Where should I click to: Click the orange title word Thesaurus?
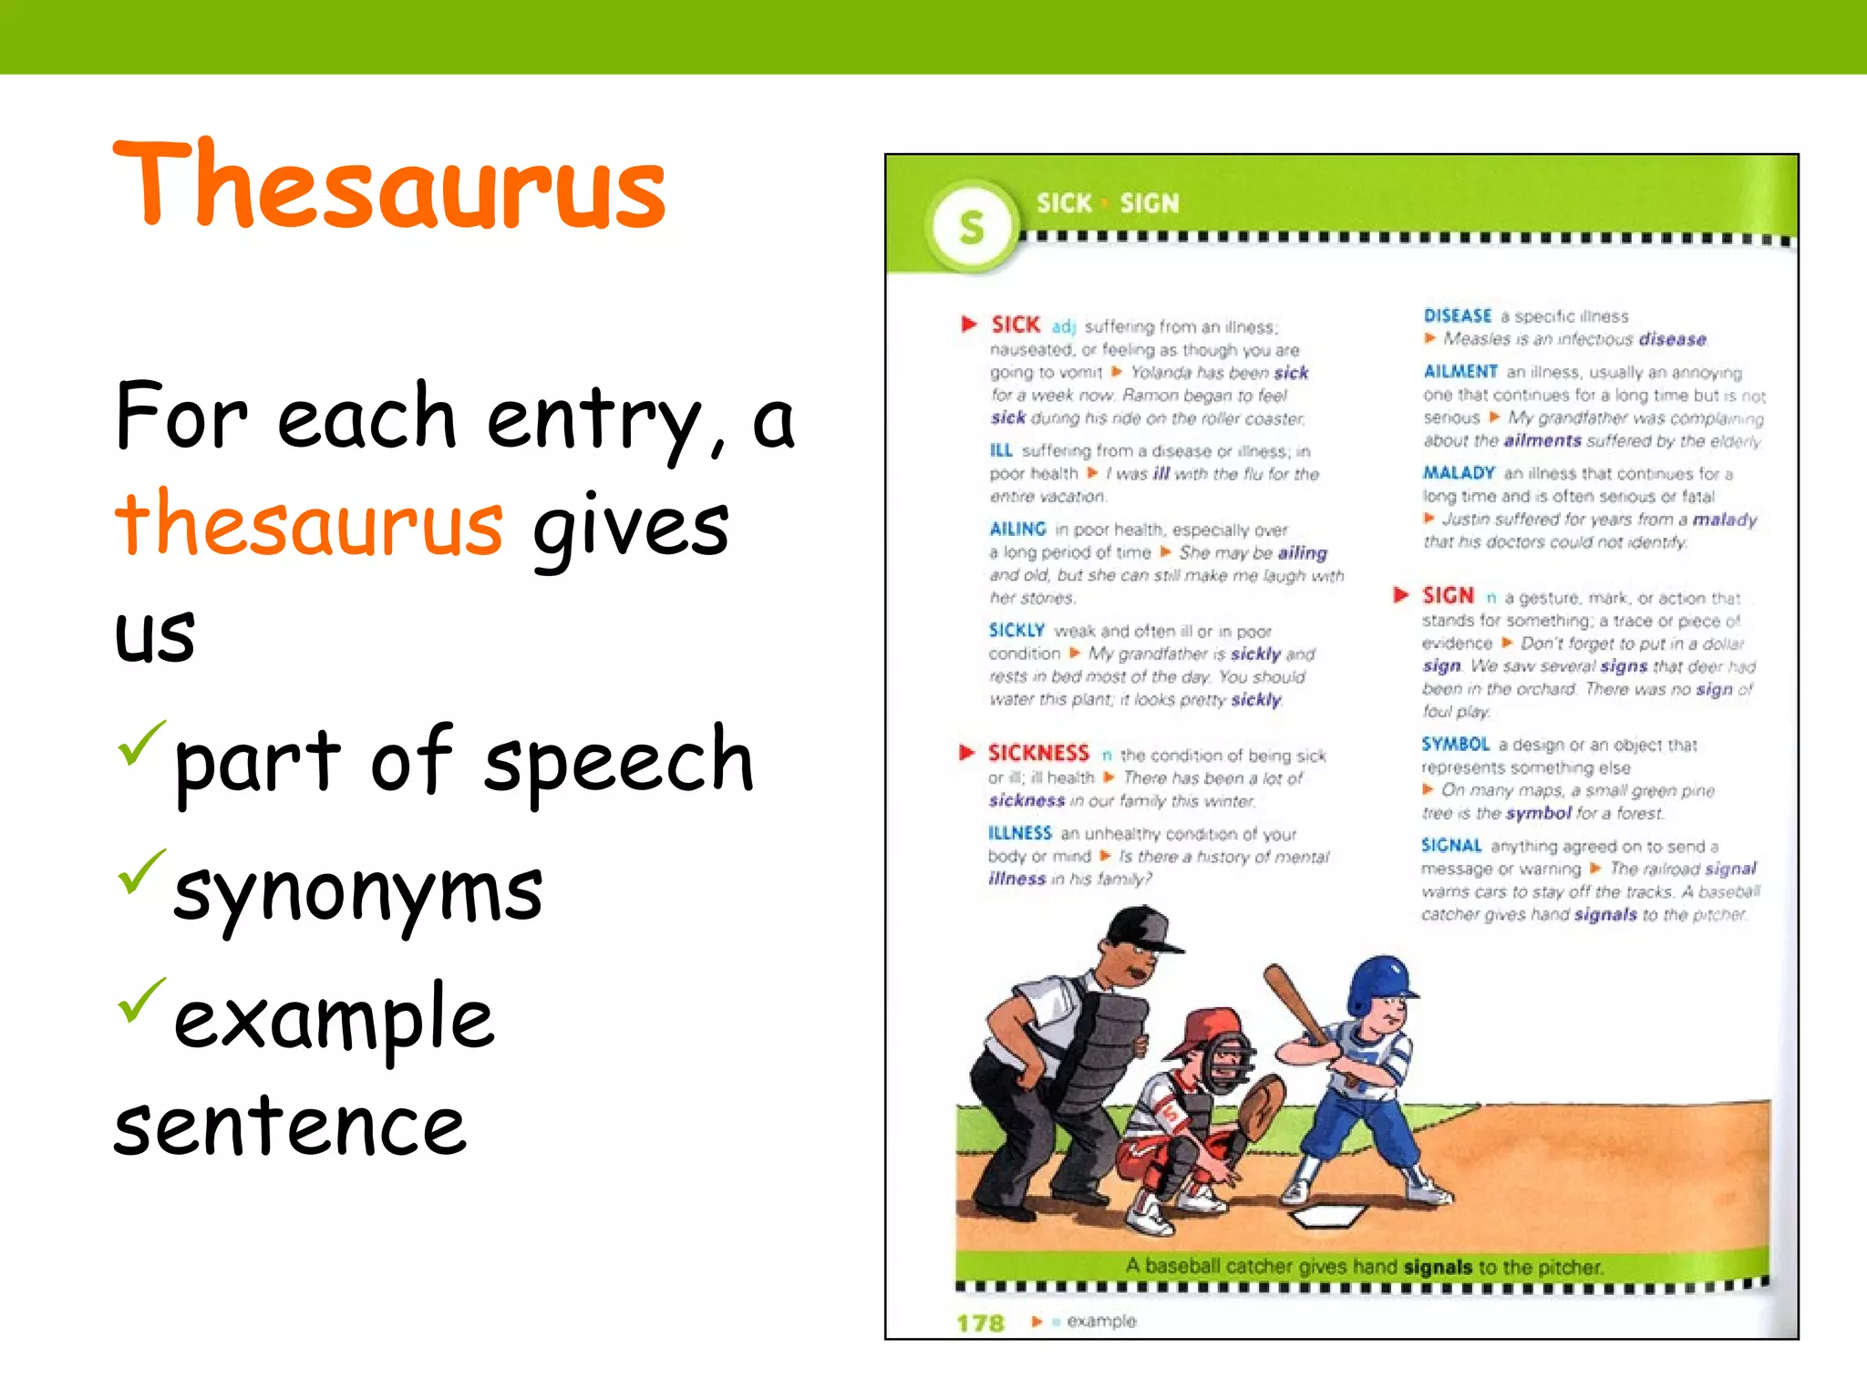coord(390,187)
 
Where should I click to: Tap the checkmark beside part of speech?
coord(140,743)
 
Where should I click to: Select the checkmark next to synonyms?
coord(140,870)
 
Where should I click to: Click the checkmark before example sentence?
coord(140,999)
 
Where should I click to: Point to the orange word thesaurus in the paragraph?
coord(308,524)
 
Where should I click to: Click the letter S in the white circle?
coord(972,227)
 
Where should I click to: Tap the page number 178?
coord(980,1323)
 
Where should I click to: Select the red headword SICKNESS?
coord(1038,753)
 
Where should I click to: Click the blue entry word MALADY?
coord(1459,473)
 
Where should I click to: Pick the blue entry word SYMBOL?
coord(1455,745)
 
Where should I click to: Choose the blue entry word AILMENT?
coord(1460,372)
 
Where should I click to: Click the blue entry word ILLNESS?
coord(1019,833)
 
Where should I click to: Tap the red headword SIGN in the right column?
coord(1448,596)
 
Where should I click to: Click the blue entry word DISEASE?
coord(1458,316)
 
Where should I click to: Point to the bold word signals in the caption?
coord(1438,1267)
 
